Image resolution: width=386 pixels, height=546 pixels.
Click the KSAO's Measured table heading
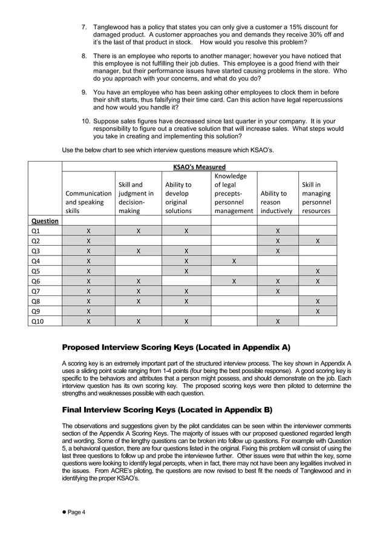click(x=199, y=167)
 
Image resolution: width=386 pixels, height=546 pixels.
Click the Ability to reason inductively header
click(x=276, y=198)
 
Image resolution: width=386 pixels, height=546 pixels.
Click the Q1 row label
click(x=36, y=231)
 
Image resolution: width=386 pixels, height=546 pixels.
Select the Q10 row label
click(x=38, y=321)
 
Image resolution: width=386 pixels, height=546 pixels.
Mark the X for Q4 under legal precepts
click(x=234, y=261)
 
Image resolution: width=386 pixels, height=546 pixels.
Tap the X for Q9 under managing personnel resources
click(x=318, y=311)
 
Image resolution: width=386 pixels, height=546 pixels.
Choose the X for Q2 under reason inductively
click(x=278, y=241)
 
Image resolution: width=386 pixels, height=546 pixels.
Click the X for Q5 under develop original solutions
click(x=186, y=271)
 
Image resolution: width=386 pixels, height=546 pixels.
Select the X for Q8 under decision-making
click(x=139, y=301)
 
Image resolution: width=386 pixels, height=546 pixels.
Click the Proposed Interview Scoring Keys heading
click(x=176, y=347)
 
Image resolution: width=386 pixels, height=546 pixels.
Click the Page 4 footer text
click(x=76, y=512)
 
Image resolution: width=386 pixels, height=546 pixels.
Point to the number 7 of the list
click(x=85, y=27)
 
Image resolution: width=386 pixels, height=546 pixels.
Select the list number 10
click(x=86, y=121)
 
